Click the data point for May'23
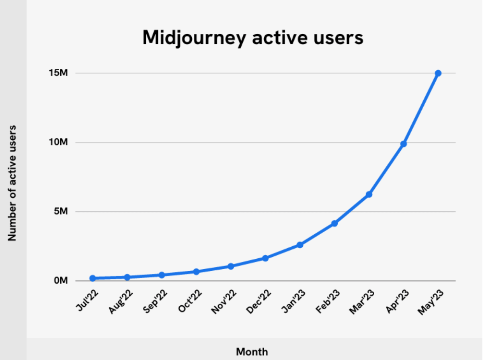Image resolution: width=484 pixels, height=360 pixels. pyautogui.click(x=438, y=73)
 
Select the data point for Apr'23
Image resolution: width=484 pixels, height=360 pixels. pyautogui.click(x=404, y=144)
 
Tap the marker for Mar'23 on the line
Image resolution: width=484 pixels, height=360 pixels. pyautogui.click(x=369, y=194)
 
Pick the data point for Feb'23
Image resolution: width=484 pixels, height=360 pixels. pyautogui.click(x=334, y=223)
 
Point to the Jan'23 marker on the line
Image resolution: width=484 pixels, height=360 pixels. pyautogui.click(x=300, y=245)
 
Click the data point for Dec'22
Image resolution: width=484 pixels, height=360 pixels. pyautogui.click(x=265, y=258)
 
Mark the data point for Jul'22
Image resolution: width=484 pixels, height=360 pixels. pyautogui.click(x=92, y=278)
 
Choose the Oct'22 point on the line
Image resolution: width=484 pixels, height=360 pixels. pyautogui.click(x=196, y=272)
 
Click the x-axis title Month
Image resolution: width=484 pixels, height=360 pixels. pyautogui.click(x=252, y=352)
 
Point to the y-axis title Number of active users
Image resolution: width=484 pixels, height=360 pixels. pyautogui.click(x=12, y=183)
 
